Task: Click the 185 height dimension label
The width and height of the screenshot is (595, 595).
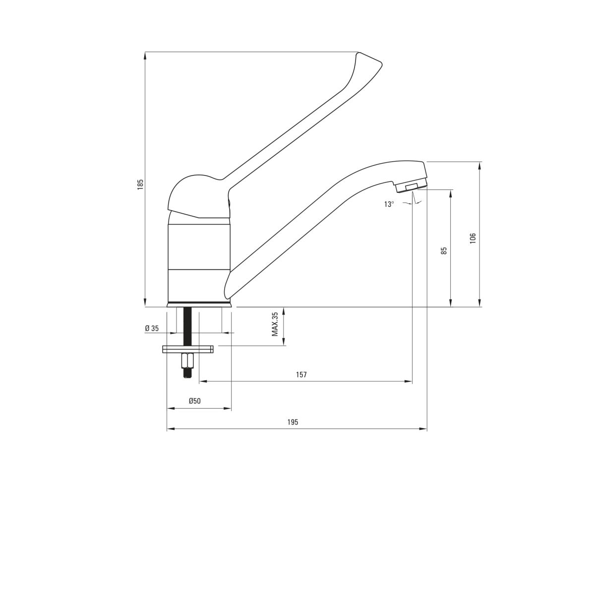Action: point(140,184)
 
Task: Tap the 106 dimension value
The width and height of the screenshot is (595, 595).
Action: point(473,238)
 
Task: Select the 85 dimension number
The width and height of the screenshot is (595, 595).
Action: point(444,250)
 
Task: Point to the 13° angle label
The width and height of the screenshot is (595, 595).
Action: point(389,204)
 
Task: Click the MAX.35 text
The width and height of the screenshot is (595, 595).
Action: point(275,324)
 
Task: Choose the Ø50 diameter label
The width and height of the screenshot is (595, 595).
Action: point(194,401)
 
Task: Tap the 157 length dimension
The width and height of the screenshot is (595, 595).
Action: point(301,374)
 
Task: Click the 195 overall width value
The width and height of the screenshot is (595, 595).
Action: point(293,422)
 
